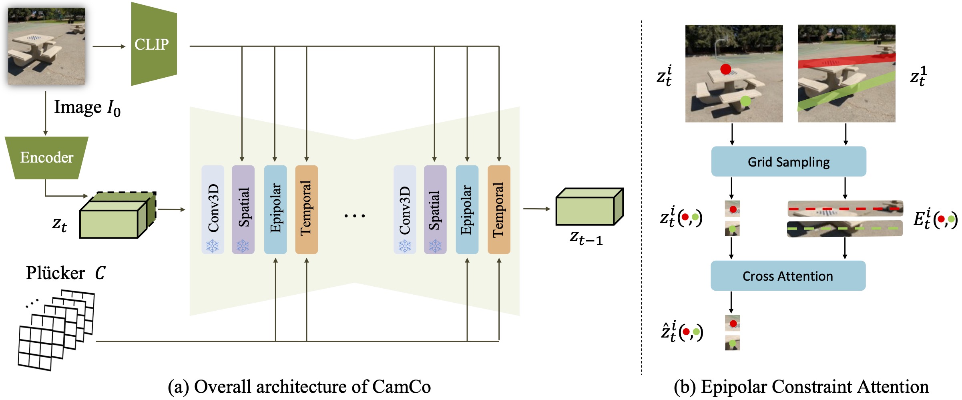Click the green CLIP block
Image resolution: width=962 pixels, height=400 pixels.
[153, 44]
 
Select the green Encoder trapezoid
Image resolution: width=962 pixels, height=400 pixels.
[46, 158]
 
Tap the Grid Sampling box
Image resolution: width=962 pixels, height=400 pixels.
[788, 162]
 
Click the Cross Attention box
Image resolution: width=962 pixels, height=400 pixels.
[787, 276]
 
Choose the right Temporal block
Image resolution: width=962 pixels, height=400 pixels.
[498, 209]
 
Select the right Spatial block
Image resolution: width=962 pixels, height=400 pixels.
[435, 209]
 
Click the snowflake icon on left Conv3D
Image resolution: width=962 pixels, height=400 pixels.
[212, 245]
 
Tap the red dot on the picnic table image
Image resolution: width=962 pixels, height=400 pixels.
[725, 69]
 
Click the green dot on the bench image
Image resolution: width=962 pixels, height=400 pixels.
[745, 101]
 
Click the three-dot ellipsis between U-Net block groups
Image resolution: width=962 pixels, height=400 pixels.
[354, 216]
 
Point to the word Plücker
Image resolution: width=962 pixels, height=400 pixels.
[55, 273]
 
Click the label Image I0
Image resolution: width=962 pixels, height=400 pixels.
[87, 107]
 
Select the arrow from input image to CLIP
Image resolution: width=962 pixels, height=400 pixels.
[109, 46]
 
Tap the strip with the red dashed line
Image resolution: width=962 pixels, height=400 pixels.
[845, 209]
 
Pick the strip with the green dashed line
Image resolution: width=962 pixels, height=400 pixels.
[845, 229]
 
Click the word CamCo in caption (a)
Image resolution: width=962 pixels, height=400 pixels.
[401, 387]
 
